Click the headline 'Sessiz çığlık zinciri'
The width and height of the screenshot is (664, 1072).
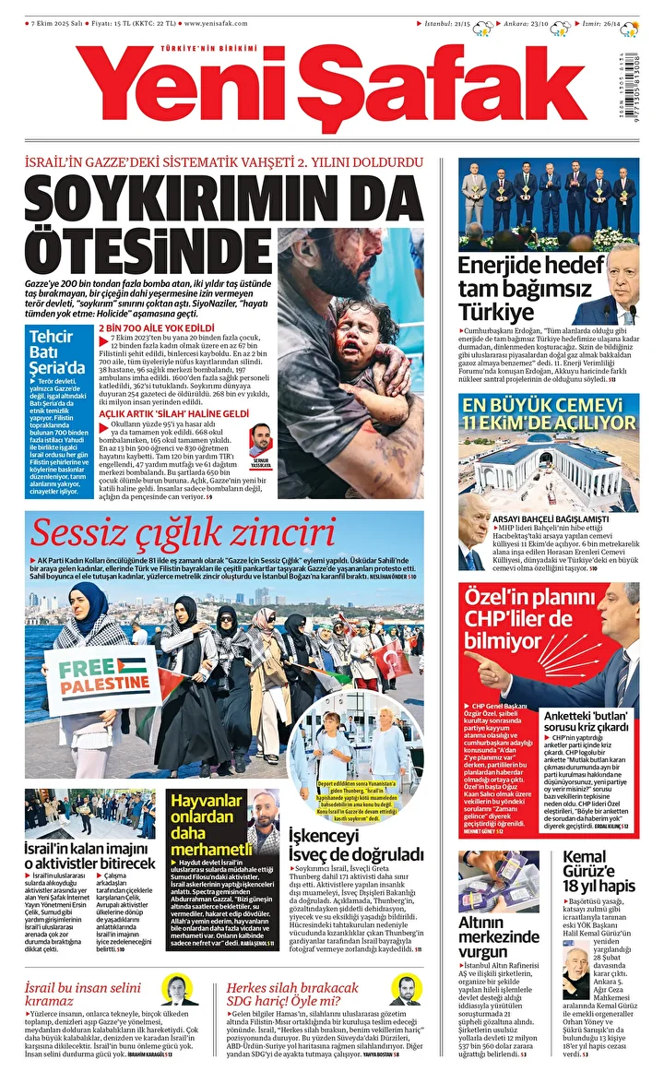[x=182, y=533]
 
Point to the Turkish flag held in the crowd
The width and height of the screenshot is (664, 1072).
[x=393, y=659]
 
